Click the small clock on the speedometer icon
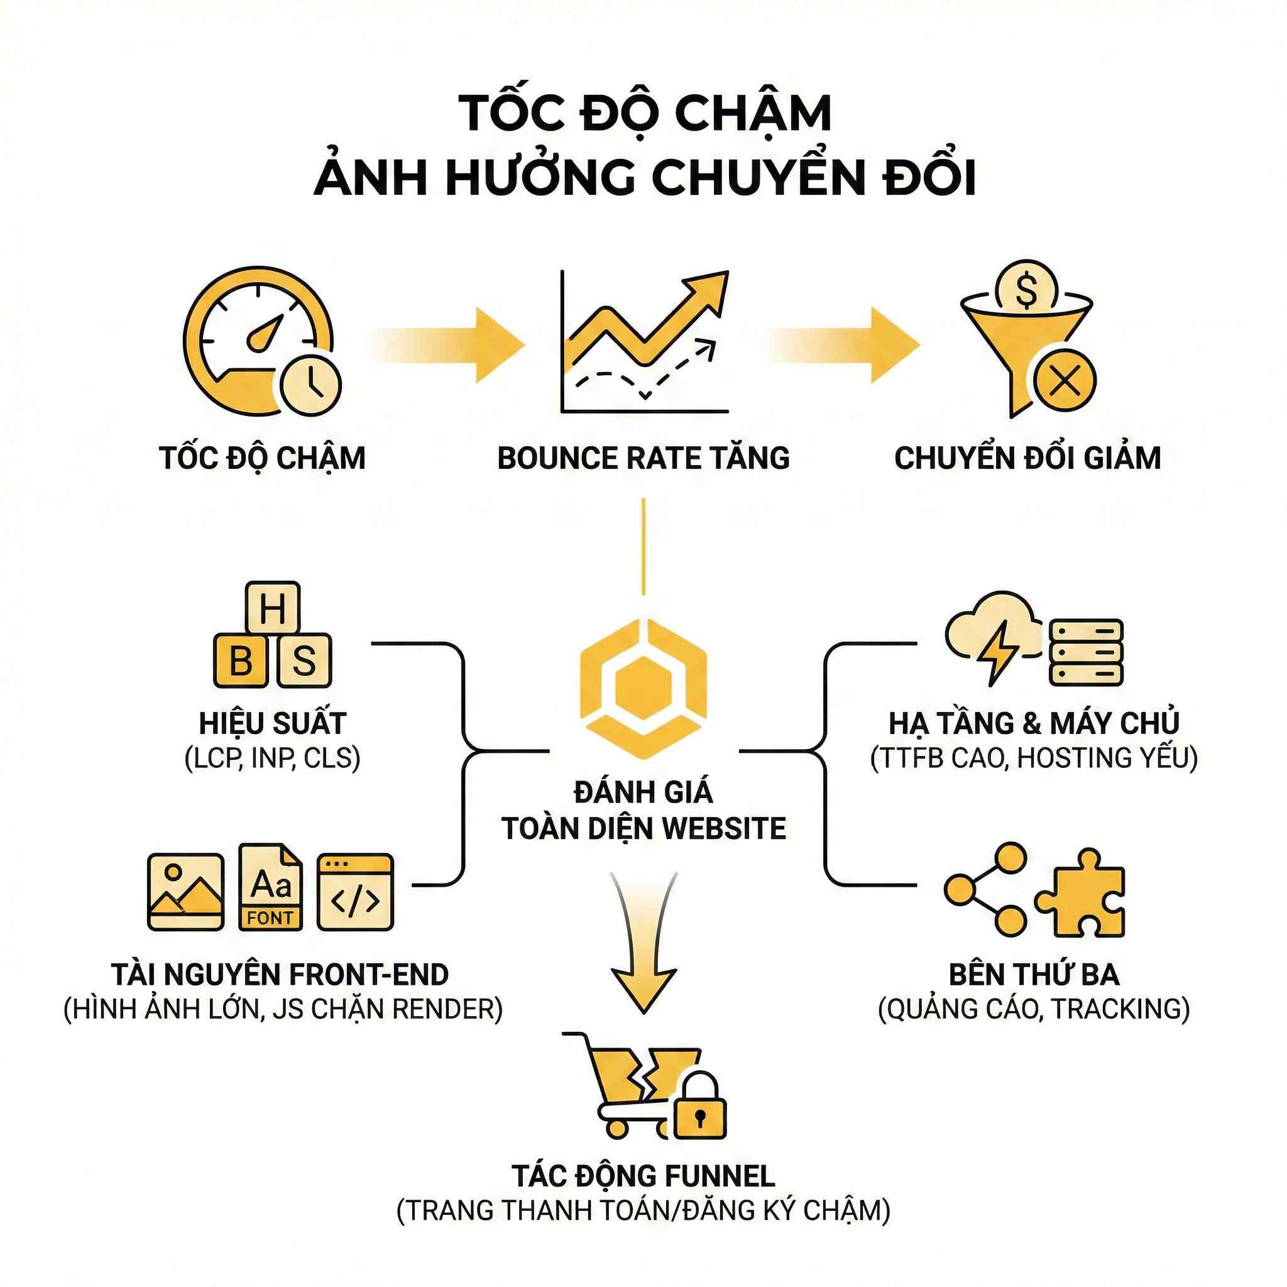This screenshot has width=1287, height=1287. click(x=310, y=385)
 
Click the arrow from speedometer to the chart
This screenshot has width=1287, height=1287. click(x=453, y=345)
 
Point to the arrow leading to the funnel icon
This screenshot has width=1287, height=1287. click(x=850, y=345)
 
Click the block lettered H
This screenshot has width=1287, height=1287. click(x=273, y=608)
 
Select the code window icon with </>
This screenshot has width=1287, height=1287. click(x=355, y=892)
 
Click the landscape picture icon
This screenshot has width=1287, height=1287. click(x=185, y=892)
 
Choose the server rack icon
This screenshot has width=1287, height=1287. click(x=1086, y=653)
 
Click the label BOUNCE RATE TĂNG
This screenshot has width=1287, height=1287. click(x=643, y=458)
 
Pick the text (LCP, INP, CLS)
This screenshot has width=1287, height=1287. click(x=273, y=758)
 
